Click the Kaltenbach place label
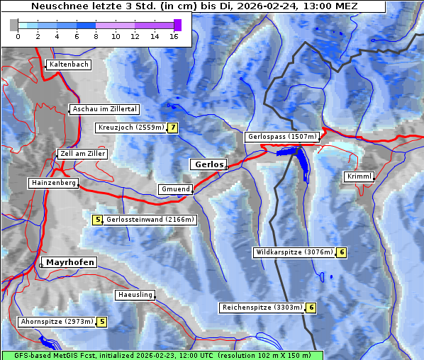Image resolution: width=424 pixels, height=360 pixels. pos(69,64)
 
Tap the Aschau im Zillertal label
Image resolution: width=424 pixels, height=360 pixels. pos(105,109)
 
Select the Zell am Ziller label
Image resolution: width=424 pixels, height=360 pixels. pos(83,154)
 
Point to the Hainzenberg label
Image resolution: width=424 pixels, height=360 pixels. pos(53,183)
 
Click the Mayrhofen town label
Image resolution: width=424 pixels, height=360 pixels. pos(69,262)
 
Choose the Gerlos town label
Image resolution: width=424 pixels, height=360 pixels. pos(209,164)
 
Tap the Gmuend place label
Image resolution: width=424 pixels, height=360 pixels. pos(175,189)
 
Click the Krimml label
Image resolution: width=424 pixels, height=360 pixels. pos(359,176)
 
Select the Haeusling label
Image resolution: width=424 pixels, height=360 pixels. pos(135,294)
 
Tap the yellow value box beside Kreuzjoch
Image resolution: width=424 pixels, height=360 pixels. pos(172,128)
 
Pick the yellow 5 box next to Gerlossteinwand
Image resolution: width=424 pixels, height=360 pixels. pos(98,220)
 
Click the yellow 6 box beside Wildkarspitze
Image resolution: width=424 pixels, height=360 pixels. pos(341,252)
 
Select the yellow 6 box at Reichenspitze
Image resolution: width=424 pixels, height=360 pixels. pos(311,308)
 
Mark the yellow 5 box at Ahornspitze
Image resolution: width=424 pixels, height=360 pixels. pos(102,322)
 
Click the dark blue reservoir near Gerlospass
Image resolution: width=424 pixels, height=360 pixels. pos(301,162)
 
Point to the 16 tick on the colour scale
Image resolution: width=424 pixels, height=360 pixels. pos(174,35)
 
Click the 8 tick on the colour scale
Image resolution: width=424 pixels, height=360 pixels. pos(96,35)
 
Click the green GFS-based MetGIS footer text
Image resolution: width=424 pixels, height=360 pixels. pos(162,355)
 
